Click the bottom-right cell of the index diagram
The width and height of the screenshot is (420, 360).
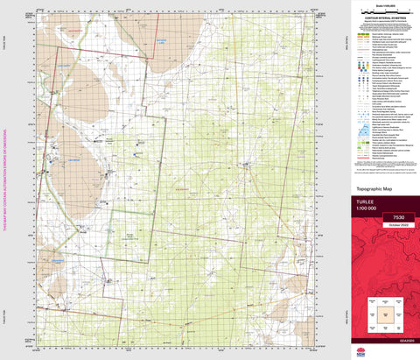(x=399, y=326)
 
